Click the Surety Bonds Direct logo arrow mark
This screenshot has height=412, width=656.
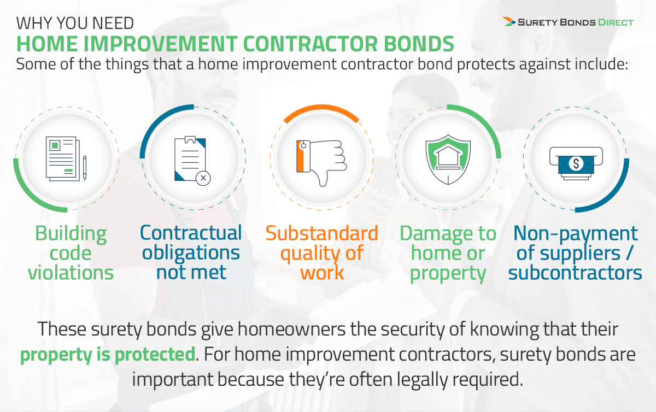tap(509, 22)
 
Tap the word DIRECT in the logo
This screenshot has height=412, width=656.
tap(616, 22)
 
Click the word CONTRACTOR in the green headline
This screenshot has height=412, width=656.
tap(311, 44)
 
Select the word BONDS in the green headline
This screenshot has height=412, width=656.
tap(419, 44)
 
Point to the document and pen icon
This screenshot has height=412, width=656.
tap(66, 158)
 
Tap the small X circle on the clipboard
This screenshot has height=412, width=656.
tap(203, 178)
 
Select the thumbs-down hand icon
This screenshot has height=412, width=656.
tap(321, 163)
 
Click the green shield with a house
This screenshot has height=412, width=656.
tap(448, 160)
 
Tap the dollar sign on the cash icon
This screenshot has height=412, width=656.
tap(576, 163)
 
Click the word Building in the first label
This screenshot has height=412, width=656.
tap(71, 234)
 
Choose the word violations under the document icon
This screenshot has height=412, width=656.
tap(71, 273)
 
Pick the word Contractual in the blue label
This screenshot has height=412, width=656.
tap(191, 233)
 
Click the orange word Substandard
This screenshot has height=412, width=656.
tap(322, 233)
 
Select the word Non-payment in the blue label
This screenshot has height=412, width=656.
tap(576, 234)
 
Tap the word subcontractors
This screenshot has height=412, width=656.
tap(575, 273)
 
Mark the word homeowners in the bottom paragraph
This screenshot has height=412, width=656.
tap(292, 329)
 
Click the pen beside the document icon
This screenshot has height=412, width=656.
tap(85, 168)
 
